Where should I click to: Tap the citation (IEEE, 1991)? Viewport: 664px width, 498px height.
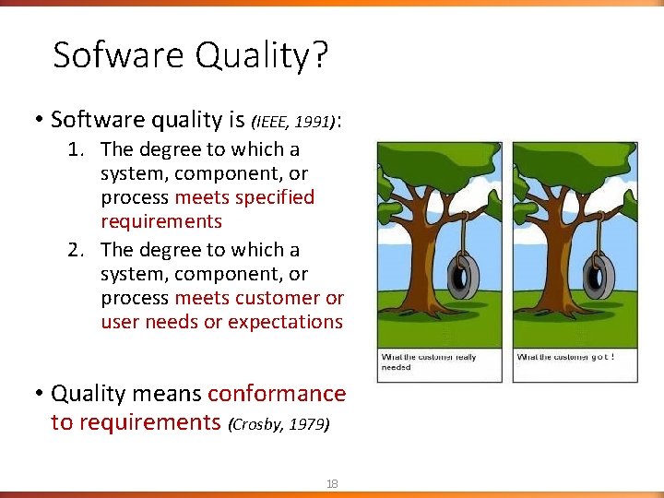click(x=293, y=121)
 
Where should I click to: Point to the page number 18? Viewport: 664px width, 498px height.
click(x=332, y=483)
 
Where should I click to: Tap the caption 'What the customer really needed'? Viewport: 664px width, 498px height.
click(x=429, y=362)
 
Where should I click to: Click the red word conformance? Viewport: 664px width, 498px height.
click(x=277, y=394)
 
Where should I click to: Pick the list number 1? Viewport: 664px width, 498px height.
click(x=81, y=149)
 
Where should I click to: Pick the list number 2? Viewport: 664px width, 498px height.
click(x=81, y=250)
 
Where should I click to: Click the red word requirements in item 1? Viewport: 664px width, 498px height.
click(x=161, y=221)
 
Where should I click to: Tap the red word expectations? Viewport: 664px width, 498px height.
click(x=285, y=322)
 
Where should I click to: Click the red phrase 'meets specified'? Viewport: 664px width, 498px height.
click(x=244, y=197)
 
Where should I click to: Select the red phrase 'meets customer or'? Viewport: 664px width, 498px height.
click(x=259, y=298)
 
